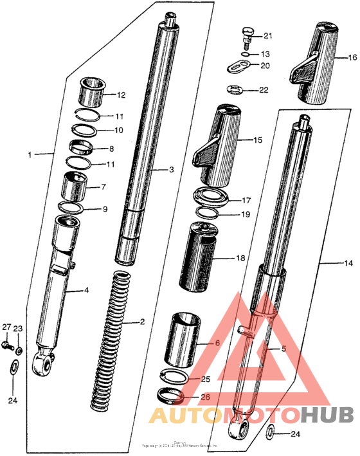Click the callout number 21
267,35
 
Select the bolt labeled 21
246,34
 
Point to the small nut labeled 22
237,89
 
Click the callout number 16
352,57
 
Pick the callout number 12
121,95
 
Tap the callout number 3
172,170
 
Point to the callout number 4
86,290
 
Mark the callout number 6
217,343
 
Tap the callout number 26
205,397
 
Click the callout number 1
30,155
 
